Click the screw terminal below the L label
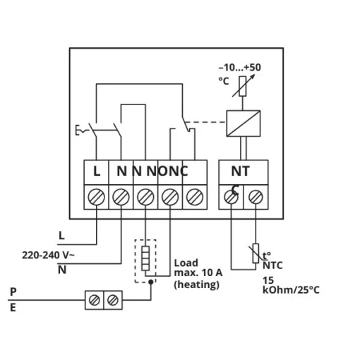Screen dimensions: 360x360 pos(96,197)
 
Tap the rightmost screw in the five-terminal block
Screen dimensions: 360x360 pos(195,197)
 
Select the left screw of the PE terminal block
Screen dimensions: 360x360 pos(95,300)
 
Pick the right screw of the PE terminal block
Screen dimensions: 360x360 pos(113,300)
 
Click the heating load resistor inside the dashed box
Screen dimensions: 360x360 pos(145,258)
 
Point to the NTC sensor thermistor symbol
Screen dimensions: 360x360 pos(256,253)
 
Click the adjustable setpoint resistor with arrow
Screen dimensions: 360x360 pos(243,86)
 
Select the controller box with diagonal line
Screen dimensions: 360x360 pos(244,124)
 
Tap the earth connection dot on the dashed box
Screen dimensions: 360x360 pos(151,282)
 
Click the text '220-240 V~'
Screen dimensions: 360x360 pos(48,255)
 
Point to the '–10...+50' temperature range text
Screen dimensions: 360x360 pos(240,68)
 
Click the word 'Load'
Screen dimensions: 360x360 pos(186,263)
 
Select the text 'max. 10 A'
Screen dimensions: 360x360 pos(198,272)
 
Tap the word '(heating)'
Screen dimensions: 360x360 pos(197,284)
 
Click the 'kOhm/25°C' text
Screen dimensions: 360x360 pos(291,290)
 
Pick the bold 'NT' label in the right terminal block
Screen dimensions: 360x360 pos(240,171)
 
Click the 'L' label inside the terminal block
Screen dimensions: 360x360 pos(97,171)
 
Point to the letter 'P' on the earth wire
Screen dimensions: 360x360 pos(13,292)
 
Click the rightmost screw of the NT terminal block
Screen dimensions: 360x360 pos(256,197)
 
